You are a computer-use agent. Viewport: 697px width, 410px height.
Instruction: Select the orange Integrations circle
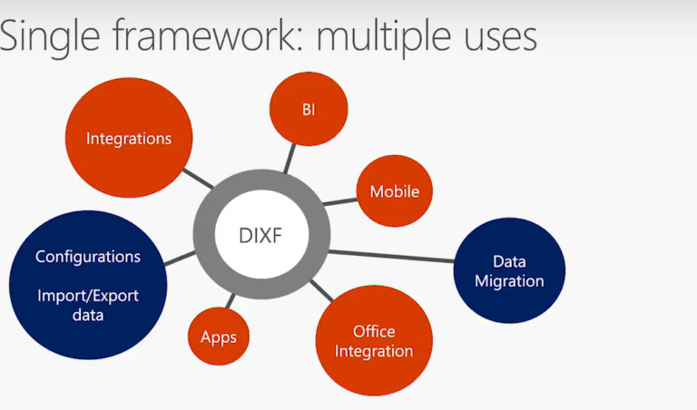pos(129,139)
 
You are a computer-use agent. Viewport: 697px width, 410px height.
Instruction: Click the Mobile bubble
pos(394,191)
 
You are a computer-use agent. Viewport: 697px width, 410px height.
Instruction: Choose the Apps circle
pos(219,337)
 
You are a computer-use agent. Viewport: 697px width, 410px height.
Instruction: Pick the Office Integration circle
pos(374,341)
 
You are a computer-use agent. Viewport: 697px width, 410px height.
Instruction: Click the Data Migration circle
pos(509,270)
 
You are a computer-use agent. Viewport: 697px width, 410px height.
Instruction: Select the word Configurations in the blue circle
pos(88,257)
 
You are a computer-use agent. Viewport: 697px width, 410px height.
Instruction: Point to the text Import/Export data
pos(88,305)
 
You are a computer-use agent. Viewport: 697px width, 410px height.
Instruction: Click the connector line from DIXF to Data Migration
pos(390,256)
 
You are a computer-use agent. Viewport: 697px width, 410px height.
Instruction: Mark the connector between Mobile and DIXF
pos(339,202)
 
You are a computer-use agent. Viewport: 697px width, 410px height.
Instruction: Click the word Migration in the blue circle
pos(509,281)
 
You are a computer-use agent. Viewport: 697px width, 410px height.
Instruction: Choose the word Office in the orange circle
pos(374,331)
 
